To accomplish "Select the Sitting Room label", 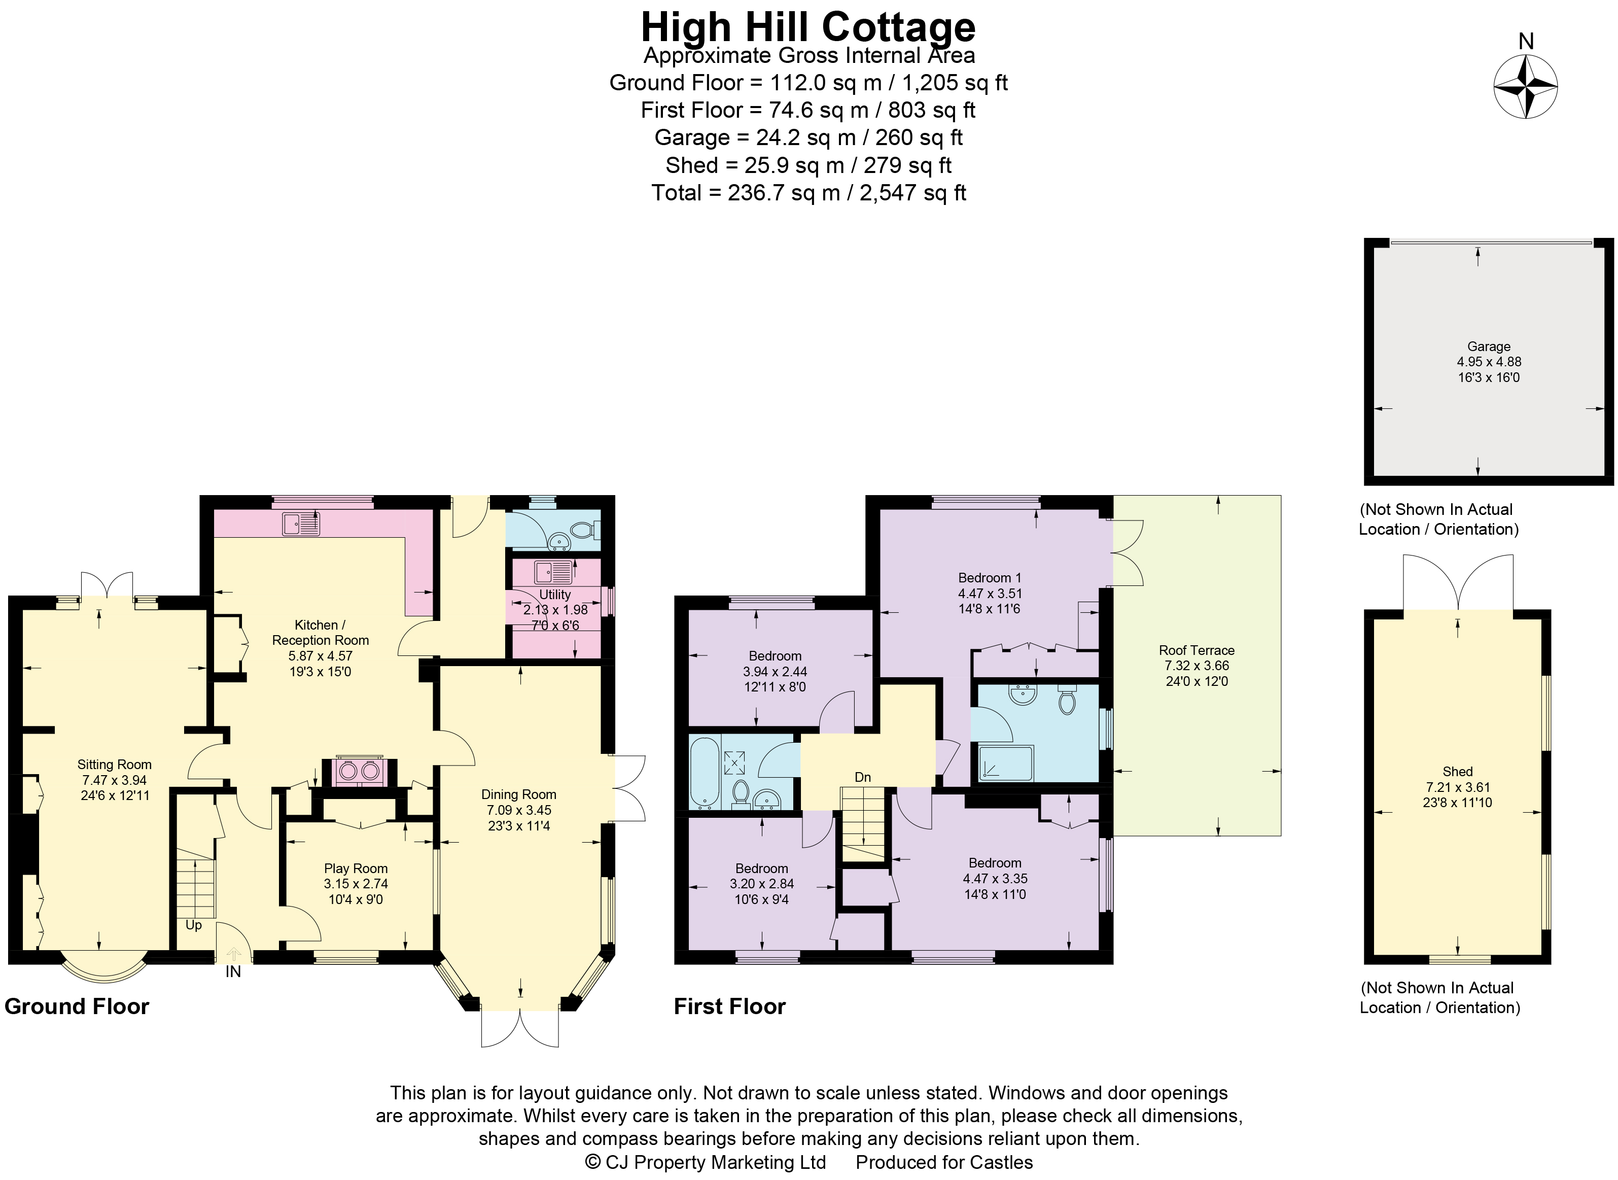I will pos(114,765).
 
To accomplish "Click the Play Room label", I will pos(356,869).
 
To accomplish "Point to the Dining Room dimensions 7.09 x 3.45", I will pos(518,810).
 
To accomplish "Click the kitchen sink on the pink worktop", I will pos(301,524).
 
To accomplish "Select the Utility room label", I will pos(555,594).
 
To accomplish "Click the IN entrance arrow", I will pos(233,954).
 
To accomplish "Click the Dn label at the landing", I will pos(863,777).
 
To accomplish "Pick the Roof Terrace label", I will pos(1196,650).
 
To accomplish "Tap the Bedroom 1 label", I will pos(990,577).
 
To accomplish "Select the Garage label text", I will pos(1488,346).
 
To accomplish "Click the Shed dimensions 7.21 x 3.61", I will pos(1457,787).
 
